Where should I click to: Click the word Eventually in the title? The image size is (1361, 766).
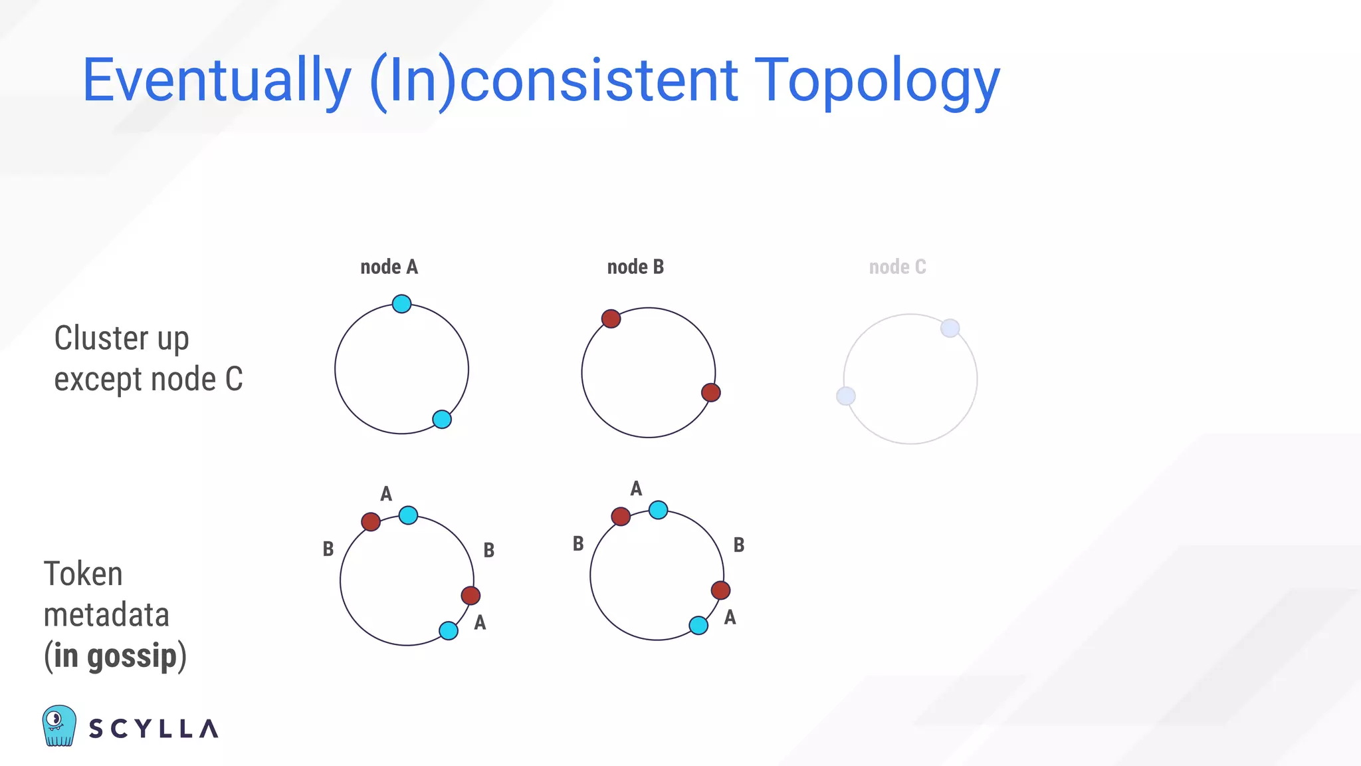(216, 81)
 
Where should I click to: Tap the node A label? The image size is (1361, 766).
(389, 267)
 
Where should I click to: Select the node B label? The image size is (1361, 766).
(635, 267)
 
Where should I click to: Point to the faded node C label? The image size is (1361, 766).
(897, 267)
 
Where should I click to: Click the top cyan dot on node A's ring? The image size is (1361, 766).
(401, 304)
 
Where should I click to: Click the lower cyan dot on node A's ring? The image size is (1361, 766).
(442, 420)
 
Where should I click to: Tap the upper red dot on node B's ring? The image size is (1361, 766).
(611, 319)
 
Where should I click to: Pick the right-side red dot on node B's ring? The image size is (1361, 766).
(711, 392)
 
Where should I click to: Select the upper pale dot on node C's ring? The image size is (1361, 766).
(950, 328)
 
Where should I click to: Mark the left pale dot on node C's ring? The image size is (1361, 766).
(845, 396)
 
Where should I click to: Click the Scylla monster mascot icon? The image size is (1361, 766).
(59, 726)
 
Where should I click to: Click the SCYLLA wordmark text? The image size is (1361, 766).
(154, 729)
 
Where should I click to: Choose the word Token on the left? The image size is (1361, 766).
(83, 574)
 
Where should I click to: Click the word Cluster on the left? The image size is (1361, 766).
(102, 338)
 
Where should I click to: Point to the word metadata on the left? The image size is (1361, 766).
(106, 615)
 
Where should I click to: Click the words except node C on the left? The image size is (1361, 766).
(148, 380)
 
